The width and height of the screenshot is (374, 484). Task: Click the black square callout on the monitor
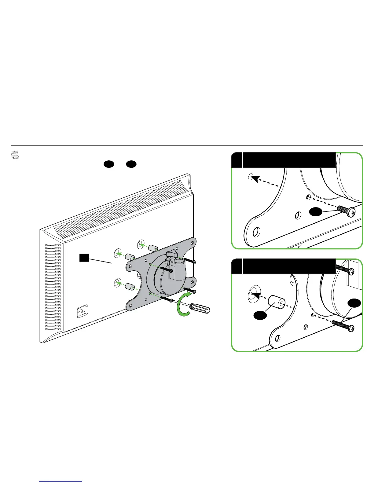[84, 258]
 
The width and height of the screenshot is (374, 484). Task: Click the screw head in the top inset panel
[352, 211]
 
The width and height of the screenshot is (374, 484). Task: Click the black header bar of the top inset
[289, 159]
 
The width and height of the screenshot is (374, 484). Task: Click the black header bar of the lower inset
[289, 266]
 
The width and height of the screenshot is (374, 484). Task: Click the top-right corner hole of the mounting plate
[192, 244]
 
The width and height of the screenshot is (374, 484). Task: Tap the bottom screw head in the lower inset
[352, 328]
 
